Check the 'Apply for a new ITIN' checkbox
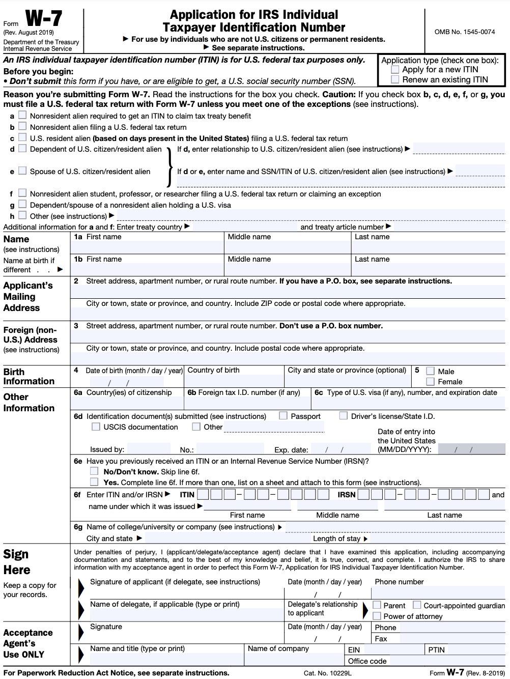pyautogui.click(x=395, y=70)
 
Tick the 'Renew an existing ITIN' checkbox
pyautogui.click(x=395, y=79)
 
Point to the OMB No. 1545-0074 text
pyautogui.click(x=464, y=32)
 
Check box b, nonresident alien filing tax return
pyautogui.click(x=22, y=127)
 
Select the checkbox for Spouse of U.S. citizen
pyautogui.click(x=22, y=171)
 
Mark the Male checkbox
pyautogui.click(x=431, y=371)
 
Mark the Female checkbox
pyautogui.click(x=431, y=381)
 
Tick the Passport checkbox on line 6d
pyautogui.click(x=284, y=416)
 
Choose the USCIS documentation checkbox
pyautogui.click(x=96, y=427)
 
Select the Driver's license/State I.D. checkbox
pyautogui.click(x=344, y=416)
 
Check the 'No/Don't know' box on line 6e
pyautogui.click(x=94, y=471)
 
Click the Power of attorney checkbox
pyautogui.click(x=377, y=616)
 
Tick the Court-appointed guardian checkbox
pyautogui.click(x=417, y=605)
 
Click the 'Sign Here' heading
pyautogui.click(x=17, y=562)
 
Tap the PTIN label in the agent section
pyautogui.click(x=436, y=650)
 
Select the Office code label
pyautogui.click(x=367, y=661)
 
